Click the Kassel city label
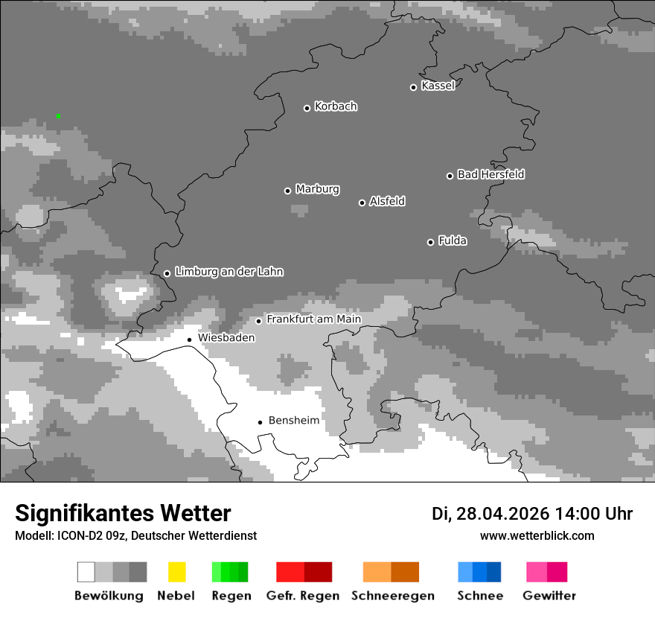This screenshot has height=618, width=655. pyautogui.click(x=438, y=86)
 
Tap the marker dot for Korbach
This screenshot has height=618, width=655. pyautogui.click(x=307, y=108)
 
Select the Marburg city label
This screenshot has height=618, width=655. pyautogui.click(x=317, y=189)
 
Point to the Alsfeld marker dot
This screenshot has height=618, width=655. pyautogui.click(x=362, y=203)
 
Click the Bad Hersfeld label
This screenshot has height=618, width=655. pyautogui.click(x=491, y=174)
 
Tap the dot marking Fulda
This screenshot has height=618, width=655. pyautogui.click(x=430, y=242)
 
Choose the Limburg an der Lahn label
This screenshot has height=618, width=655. pyautogui.click(x=229, y=272)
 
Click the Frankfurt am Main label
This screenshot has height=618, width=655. pyautogui.click(x=313, y=319)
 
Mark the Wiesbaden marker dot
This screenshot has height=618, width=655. pyautogui.click(x=189, y=340)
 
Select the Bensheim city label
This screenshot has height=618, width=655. pyautogui.click(x=293, y=421)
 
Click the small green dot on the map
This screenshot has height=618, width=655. pyautogui.click(x=58, y=116)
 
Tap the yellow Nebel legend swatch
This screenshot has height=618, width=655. pyautogui.click(x=176, y=572)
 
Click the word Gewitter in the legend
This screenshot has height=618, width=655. pyautogui.click(x=549, y=596)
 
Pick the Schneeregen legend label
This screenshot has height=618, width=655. pyautogui.click(x=393, y=596)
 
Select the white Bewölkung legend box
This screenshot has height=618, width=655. pyautogui.click(x=86, y=572)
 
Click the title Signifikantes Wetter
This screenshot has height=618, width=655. pyautogui.click(x=123, y=513)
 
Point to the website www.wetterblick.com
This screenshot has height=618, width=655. pyautogui.click(x=537, y=536)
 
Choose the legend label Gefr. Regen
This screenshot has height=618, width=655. pyautogui.click(x=303, y=596)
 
